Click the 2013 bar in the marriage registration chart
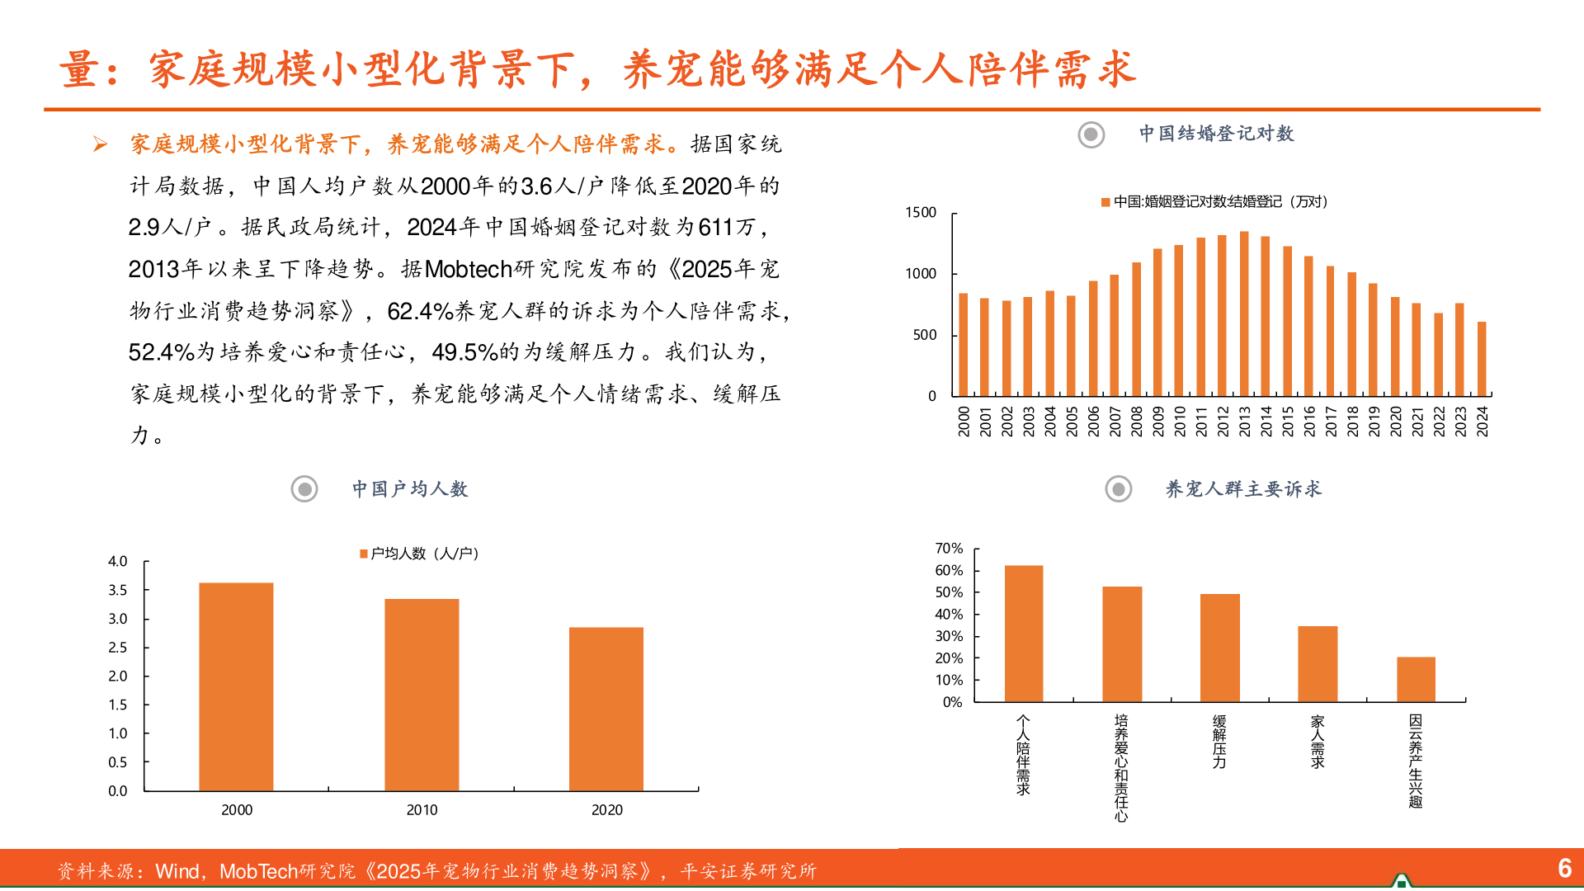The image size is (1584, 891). pos(1244,314)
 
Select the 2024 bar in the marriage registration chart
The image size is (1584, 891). pos(1482,359)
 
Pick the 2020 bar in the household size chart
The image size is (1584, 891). pos(606,709)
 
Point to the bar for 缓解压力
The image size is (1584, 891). pos(1219,648)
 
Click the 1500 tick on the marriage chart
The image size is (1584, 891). pos(921,213)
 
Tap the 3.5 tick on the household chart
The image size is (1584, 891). pos(118,590)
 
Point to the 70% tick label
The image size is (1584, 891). pos(949,549)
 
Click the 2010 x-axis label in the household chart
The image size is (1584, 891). pos(422,810)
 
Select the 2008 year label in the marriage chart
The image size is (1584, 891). pos(1136,421)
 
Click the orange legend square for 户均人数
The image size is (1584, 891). pos(364,554)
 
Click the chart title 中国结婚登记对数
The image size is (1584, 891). pos(1216,134)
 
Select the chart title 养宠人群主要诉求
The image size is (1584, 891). pos(1242,489)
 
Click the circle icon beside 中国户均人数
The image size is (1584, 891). pos(304,489)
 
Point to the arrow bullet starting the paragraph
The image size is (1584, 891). pos(101,145)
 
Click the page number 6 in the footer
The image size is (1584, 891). pos(1564,868)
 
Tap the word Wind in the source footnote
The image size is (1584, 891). pos(177,872)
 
